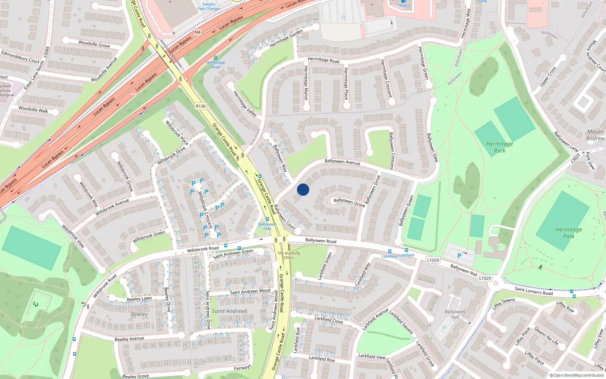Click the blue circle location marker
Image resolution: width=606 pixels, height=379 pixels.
[x=303, y=189]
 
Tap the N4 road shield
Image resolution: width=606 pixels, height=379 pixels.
[x=197, y=32]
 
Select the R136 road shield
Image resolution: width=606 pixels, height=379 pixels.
[x=201, y=106]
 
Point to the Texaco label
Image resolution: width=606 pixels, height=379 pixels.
[x=404, y=5]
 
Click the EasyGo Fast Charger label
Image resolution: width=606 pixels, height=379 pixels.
[x=209, y=6]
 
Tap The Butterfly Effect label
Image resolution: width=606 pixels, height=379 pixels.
[x=289, y=255]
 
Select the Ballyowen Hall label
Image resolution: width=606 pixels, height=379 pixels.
[x=455, y=315]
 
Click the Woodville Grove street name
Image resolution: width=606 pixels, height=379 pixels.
[x=94, y=44]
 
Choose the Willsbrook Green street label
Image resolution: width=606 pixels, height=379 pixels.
[x=149, y=237]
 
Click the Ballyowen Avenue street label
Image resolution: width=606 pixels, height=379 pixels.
[x=342, y=162]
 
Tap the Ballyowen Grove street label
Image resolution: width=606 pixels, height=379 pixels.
[x=349, y=202]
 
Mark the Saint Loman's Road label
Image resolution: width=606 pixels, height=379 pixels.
[x=534, y=291]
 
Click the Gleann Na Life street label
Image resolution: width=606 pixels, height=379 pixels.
[x=546, y=336]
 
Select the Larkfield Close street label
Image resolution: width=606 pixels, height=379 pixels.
[x=329, y=319]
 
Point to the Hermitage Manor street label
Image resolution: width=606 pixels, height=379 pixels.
[x=306, y=83]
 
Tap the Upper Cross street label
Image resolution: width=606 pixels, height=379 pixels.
[x=548, y=76]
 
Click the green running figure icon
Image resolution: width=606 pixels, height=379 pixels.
[x=540, y=267]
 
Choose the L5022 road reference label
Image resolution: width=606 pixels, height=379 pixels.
[x=576, y=157]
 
